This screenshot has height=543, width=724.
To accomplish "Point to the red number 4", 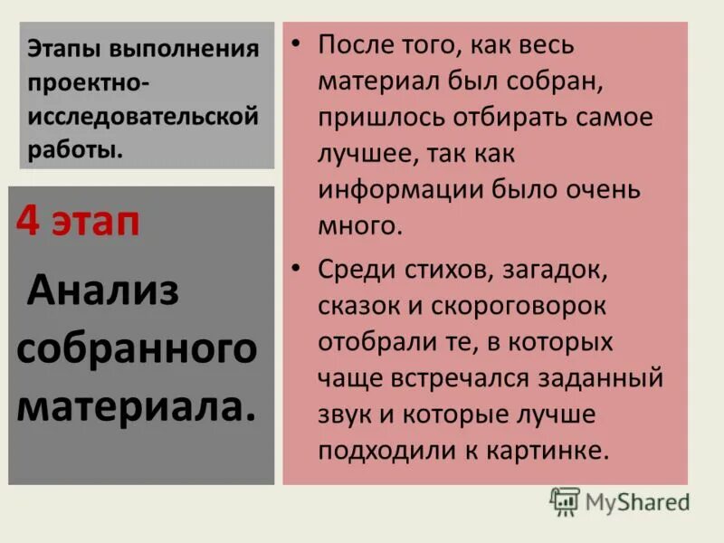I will pos(29,223).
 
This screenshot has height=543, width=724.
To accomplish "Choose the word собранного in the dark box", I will pos(137,348).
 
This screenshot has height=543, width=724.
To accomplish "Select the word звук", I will pos(345,414).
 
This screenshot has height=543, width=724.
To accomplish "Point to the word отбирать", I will pos(508,119).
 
